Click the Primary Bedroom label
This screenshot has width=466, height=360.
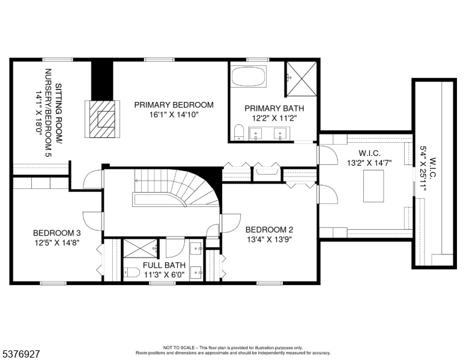coord(174,105)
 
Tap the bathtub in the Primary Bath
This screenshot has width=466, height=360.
coord(249,76)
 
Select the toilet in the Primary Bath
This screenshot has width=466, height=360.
coord(238,133)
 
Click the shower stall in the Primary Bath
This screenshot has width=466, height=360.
coord(301,79)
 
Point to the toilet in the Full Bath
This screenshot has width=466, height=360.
coord(132,272)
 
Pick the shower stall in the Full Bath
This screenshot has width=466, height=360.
coord(141,248)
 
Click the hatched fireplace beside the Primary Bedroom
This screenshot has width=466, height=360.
coord(103,119)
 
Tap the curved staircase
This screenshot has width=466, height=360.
coord(176,188)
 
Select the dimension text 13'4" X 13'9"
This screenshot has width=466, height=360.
coord(269,239)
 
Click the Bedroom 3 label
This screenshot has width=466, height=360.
coord(57,233)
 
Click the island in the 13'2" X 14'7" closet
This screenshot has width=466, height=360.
coord(374,186)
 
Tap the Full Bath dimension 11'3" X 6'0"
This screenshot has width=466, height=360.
coord(165,275)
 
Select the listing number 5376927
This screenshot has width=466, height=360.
coord(21,354)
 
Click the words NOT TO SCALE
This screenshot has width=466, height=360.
coord(179,347)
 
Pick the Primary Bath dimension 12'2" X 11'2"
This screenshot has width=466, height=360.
coord(274,118)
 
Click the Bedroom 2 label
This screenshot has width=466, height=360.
coord(269,230)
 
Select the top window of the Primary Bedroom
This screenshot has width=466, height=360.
coord(159,60)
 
